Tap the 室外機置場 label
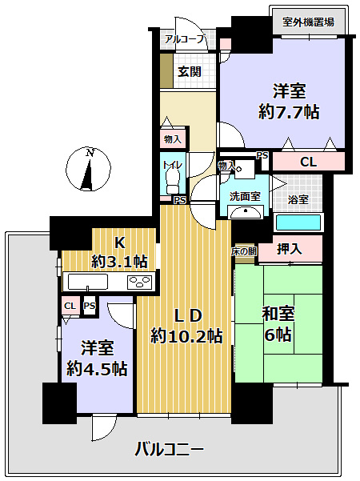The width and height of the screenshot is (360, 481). coord(308,22)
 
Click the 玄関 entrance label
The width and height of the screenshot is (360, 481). coord(189,71)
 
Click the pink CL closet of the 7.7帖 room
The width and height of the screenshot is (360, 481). coord(308,162)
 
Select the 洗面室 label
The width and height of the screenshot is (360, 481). coord(244,196)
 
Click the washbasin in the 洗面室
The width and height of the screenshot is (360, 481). coord(244,212)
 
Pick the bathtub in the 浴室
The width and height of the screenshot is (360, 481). coord(298,223)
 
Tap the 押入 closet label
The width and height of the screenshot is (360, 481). coord(290,249)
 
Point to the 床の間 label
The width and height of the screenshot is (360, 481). coord(244,252)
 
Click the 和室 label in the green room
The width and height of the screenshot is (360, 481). coord(278,315)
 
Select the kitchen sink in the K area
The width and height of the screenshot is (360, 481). coord(88,282)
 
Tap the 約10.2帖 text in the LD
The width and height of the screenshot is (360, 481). coord(186,336)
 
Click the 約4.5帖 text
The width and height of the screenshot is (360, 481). coord(97,369)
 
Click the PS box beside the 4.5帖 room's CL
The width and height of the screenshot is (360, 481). coord(90,306)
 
